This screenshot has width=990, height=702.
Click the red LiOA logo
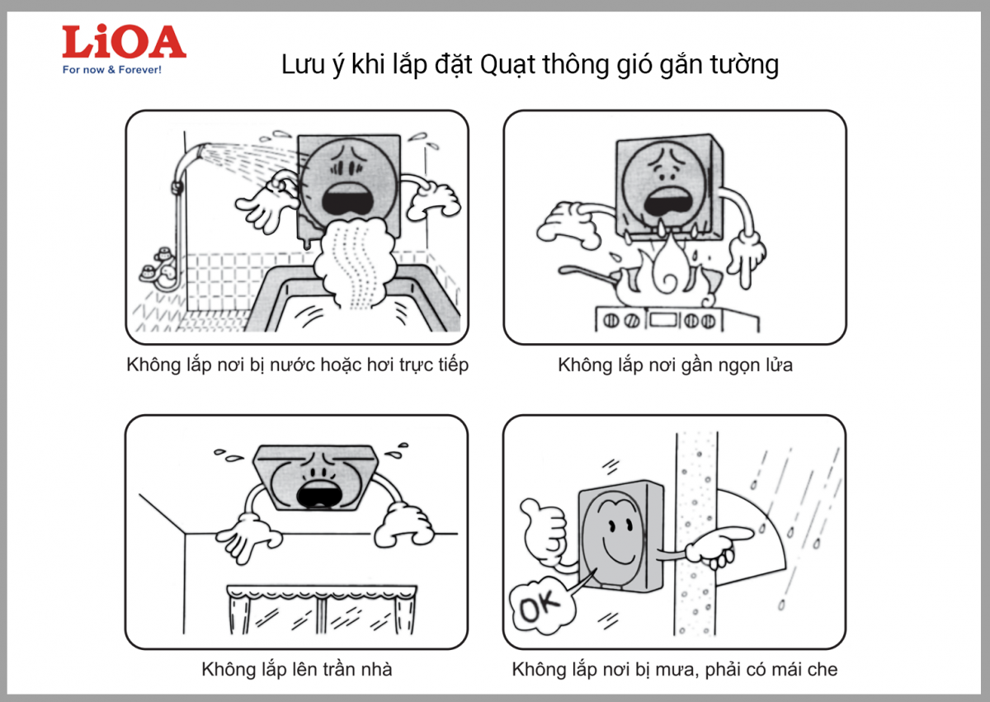click(x=125, y=41)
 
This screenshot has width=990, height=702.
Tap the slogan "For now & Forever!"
click(x=112, y=70)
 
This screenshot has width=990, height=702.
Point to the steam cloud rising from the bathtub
click(x=354, y=261)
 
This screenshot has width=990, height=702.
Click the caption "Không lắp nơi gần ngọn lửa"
click(x=675, y=365)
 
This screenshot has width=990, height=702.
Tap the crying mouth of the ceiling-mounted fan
click(x=319, y=495)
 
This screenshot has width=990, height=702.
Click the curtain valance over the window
click(x=322, y=592)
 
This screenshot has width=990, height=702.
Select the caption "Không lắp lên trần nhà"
click(x=296, y=669)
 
